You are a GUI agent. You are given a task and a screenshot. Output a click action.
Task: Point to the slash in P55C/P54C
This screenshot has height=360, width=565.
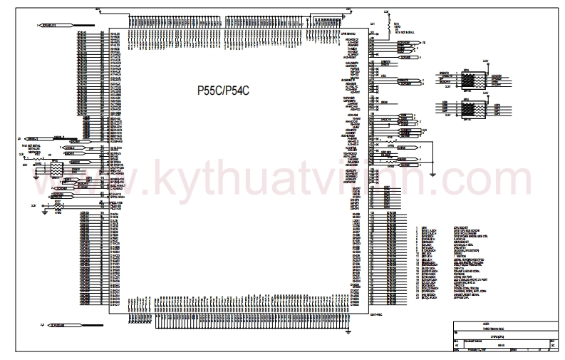tap(223, 91)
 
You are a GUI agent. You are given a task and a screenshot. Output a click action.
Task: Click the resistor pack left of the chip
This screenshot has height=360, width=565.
tap(54, 170)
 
